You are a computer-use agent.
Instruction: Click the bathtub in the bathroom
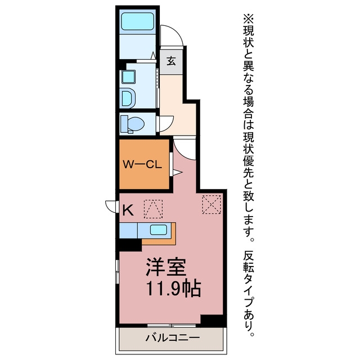pyautogui.click(x=137, y=21)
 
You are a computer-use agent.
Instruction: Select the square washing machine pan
pyautogui.click(x=128, y=76)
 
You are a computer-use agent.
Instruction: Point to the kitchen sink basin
pyautogui.click(x=159, y=229)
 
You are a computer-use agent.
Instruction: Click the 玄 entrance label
pyautogui.click(x=171, y=61)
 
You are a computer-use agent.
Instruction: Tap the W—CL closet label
pyautogui.click(x=142, y=164)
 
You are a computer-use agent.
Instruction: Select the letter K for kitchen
pyautogui.click(x=128, y=210)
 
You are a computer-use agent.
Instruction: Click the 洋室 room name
pyautogui.click(x=166, y=267)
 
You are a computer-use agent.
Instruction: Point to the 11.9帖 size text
pyautogui.click(x=174, y=289)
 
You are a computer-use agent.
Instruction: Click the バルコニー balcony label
pyautogui.click(x=173, y=337)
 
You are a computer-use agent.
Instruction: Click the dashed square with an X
pyautogui.click(x=211, y=204)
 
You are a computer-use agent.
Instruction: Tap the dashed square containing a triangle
pyautogui.click(x=153, y=209)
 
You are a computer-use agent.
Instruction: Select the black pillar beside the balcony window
pyautogui.click(x=213, y=321)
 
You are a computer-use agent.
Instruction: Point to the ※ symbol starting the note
pyautogui.click(x=248, y=19)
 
